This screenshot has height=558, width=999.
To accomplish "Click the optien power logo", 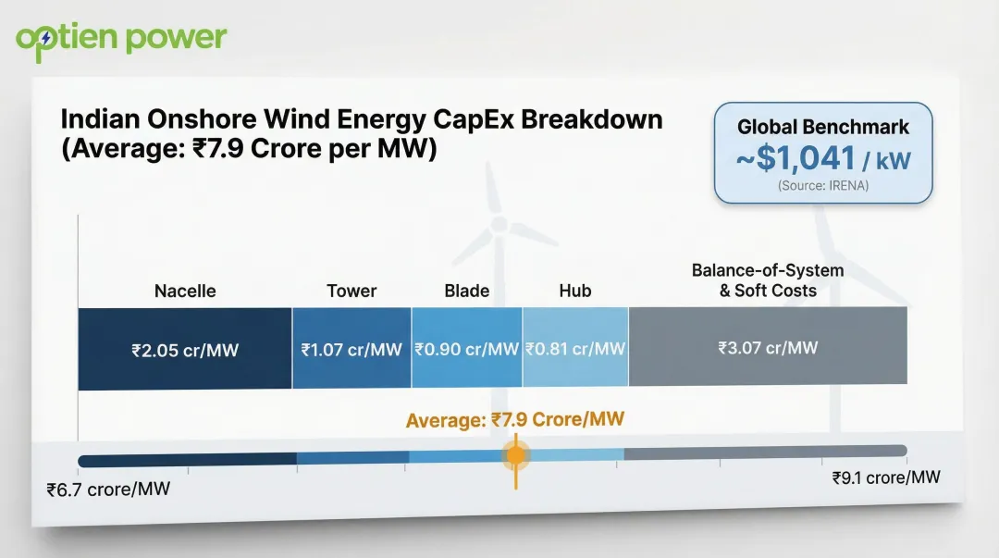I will (x=121, y=38).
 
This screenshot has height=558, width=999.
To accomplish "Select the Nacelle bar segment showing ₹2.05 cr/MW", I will (x=185, y=349).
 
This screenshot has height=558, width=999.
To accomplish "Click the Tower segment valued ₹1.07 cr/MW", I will (x=351, y=349).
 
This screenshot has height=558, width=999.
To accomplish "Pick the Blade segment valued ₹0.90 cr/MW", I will (x=466, y=349).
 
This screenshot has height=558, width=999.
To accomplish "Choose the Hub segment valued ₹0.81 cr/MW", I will (x=575, y=349).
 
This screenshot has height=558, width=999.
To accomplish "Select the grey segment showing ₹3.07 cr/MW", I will (x=768, y=348).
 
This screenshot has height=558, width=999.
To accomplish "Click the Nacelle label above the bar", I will (x=185, y=291).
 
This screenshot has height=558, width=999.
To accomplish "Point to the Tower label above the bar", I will (x=351, y=291).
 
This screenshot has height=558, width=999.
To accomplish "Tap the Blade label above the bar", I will (x=466, y=291).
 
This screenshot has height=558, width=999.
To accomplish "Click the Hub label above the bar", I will (x=575, y=291).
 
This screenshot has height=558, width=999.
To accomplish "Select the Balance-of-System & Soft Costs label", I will (x=768, y=280).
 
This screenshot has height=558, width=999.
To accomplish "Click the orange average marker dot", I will (x=516, y=454).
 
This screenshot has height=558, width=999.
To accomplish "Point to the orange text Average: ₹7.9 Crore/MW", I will (x=515, y=419).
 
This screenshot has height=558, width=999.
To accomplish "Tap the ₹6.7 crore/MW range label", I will (x=108, y=489).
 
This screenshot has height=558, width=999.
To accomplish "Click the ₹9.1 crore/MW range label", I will (x=886, y=477).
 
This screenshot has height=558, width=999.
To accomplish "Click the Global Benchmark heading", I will (x=823, y=128).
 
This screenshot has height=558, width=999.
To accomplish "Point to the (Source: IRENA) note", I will (x=823, y=186).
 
